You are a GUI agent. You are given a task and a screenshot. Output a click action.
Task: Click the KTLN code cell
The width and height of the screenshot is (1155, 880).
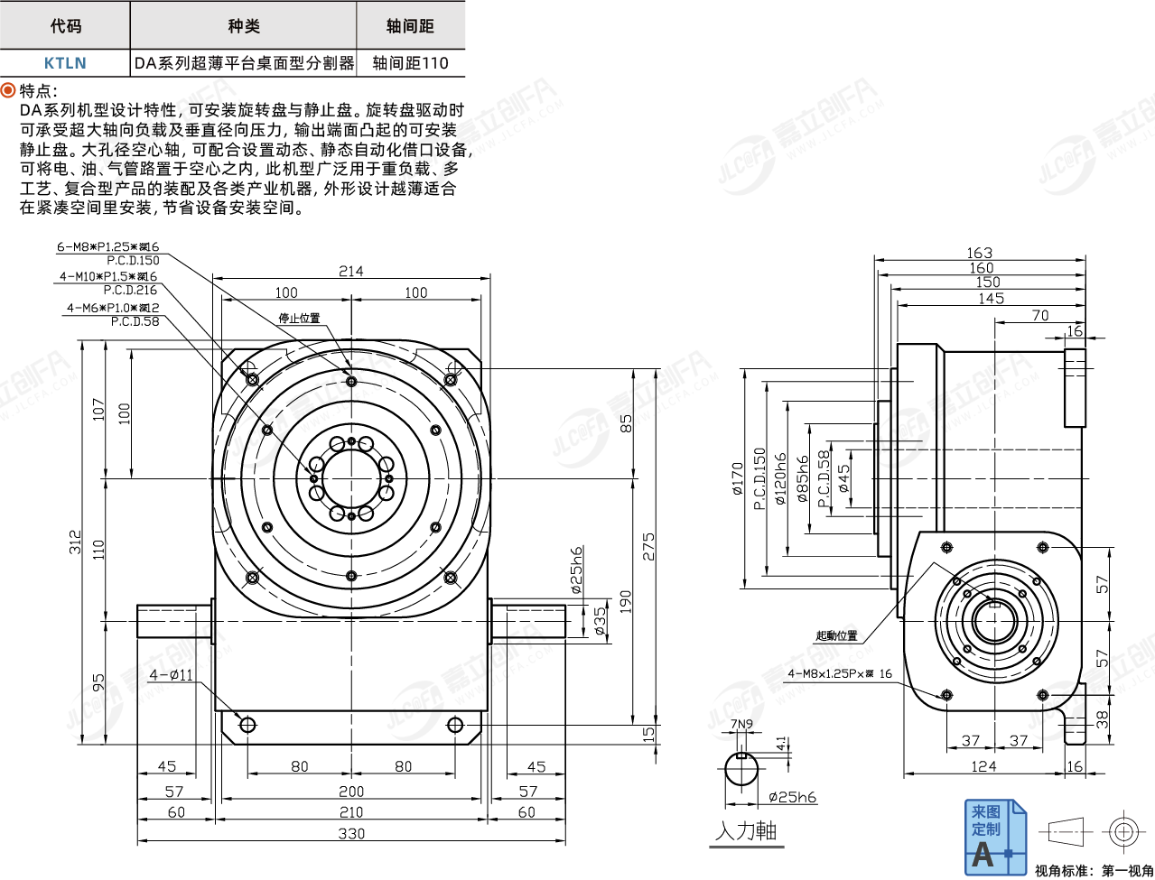[65, 62]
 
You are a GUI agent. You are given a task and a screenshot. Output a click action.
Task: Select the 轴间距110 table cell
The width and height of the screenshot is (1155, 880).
[410, 62]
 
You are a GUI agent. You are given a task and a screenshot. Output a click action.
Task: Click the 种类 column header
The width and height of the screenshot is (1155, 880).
[243, 25]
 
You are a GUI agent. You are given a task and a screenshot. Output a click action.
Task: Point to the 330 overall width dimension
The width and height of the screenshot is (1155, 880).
[351, 833]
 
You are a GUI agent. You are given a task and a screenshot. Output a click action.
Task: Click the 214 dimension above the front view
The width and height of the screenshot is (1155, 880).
[351, 271]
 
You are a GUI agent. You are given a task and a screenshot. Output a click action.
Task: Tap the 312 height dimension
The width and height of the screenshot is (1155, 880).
[75, 542]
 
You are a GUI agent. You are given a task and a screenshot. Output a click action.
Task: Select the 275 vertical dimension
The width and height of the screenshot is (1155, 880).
[648, 546]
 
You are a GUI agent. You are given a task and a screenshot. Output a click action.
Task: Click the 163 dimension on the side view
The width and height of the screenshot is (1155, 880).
[979, 253]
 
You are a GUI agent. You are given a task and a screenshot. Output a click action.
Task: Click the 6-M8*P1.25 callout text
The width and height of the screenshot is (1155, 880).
[107, 246]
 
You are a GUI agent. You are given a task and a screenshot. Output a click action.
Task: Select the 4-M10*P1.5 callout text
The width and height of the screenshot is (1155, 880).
[107, 276]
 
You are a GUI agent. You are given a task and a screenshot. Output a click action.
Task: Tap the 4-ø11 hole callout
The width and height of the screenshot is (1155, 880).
[171, 674]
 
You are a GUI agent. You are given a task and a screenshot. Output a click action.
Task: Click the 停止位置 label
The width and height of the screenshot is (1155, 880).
[299, 319]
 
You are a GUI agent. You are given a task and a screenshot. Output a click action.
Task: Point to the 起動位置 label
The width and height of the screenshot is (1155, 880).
[836, 635]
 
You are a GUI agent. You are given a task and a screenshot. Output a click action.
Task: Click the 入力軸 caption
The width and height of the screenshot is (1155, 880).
[745, 830]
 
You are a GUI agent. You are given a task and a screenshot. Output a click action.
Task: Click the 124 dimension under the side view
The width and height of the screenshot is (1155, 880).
[983, 765]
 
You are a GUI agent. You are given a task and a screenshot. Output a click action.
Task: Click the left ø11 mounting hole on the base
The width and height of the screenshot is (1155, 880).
[247, 724]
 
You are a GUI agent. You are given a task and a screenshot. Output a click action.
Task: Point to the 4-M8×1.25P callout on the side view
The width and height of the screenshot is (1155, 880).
[839, 673]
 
